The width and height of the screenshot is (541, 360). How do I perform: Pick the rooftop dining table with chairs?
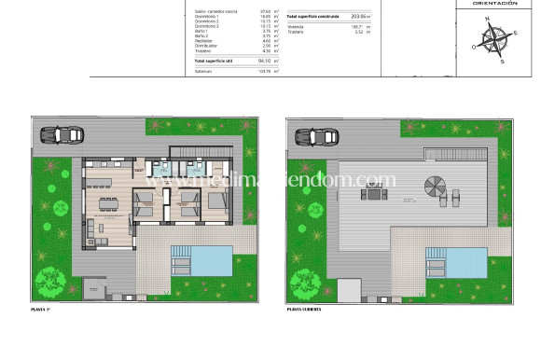pos(374,195)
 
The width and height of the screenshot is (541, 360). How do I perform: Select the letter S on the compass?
pos(502,62)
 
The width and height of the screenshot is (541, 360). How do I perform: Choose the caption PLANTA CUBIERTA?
pos(306,307)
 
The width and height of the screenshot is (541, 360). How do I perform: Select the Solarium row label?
pos(203,71)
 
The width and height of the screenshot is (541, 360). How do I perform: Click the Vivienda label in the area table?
pos(296,26)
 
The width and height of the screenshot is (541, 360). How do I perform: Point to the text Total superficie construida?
pos(312,17)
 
